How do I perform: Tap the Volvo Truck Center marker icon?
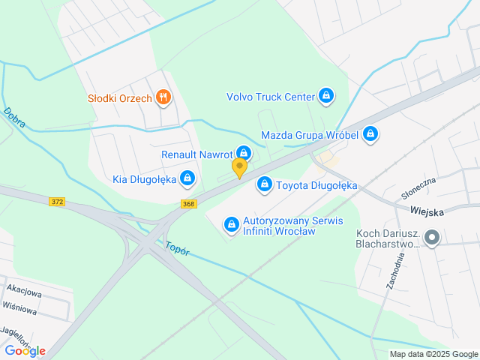click(x=325, y=96)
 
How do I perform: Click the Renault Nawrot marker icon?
click(x=243, y=154)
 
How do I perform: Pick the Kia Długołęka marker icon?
click(x=187, y=178)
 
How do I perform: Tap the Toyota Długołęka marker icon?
click(x=264, y=184)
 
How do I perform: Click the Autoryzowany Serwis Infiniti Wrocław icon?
click(x=232, y=223)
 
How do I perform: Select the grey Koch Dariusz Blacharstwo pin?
click(x=431, y=238)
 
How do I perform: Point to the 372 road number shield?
click(x=58, y=202)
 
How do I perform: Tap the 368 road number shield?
click(x=188, y=204)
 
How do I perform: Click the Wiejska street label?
click(x=426, y=211)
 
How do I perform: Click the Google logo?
click(x=25, y=351)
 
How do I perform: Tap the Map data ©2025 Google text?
click(x=433, y=354)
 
